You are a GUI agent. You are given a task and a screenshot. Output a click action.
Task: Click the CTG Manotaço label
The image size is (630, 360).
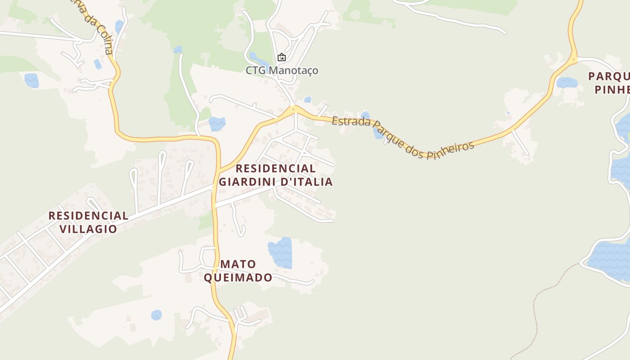[x=282, y=70]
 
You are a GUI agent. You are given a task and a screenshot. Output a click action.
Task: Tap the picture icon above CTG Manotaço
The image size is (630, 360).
[x=282, y=57]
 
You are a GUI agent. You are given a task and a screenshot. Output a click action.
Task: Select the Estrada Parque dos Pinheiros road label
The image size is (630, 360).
[x=403, y=137]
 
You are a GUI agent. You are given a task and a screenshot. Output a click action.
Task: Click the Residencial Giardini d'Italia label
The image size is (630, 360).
[x=275, y=175]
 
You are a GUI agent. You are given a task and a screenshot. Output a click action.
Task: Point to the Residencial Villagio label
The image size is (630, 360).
[x=88, y=222]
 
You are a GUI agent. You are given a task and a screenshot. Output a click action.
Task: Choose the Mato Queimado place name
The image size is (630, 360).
[x=238, y=270]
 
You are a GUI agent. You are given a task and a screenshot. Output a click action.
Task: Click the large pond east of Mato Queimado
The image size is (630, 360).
[x=280, y=252]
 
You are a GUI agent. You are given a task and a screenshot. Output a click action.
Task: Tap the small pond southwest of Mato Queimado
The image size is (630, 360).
[x=156, y=315]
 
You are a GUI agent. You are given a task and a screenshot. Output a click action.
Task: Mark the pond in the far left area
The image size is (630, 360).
[x=31, y=80]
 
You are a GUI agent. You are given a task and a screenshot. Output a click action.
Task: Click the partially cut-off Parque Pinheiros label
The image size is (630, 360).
[x=609, y=83]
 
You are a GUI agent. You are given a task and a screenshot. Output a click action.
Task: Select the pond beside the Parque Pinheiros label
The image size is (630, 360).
[x=567, y=82]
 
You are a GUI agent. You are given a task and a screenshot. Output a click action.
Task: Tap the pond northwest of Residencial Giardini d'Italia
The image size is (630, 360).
[x=217, y=124]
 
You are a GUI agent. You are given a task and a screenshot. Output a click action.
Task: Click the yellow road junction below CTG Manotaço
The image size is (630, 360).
[x=293, y=109]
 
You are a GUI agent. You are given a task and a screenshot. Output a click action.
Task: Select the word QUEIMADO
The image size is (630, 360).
[x=238, y=277]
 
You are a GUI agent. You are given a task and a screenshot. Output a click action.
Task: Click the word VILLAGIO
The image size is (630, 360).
[x=88, y=229]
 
